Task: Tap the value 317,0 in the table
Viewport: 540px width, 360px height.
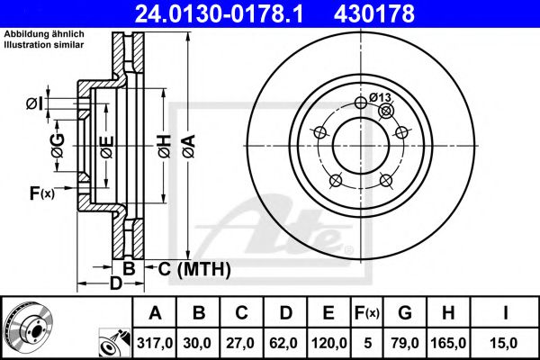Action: click(x=155, y=342)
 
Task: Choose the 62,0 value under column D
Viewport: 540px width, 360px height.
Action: click(x=286, y=342)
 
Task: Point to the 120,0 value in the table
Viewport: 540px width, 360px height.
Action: click(x=328, y=342)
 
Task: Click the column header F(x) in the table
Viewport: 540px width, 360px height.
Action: click(x=366, y=313)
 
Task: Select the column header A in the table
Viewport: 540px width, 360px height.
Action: click(x=155, y=313)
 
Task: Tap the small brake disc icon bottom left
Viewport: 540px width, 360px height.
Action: click(x=28, y=328)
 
